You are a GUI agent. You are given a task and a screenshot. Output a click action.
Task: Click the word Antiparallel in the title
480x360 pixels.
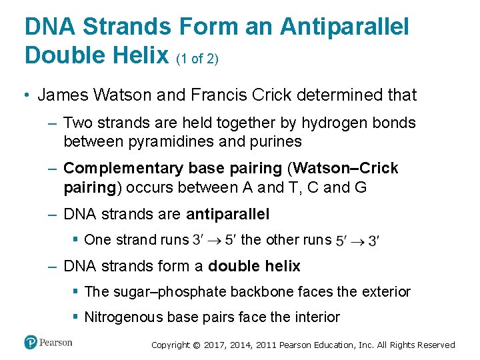345,27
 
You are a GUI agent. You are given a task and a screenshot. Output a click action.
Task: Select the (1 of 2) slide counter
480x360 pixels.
198,59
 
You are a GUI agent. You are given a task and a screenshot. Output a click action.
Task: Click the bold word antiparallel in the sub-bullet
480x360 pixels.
228,214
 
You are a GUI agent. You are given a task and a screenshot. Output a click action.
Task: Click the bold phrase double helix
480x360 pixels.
255,267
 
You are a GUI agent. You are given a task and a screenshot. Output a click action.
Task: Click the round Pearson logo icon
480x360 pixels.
31,342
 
